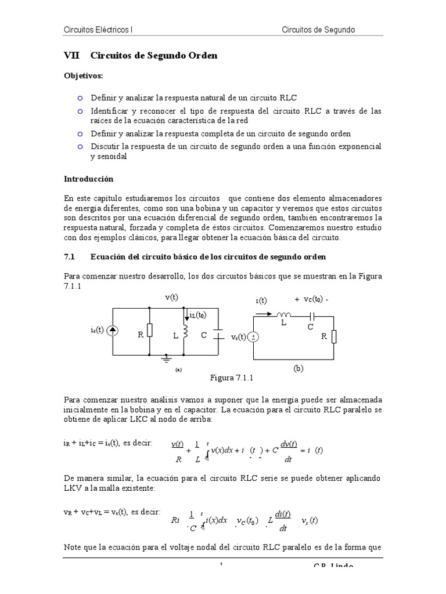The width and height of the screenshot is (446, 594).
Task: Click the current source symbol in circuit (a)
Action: click(113, 331)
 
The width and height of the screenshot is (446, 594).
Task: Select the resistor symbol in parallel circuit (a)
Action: click(149, 330)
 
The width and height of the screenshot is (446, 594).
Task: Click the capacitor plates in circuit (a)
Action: click(218, 335)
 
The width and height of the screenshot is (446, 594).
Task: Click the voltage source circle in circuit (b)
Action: click(253, 337)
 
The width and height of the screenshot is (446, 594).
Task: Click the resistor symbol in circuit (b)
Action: click(334, 336)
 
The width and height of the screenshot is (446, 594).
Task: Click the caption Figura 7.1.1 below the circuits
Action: click(232, 378)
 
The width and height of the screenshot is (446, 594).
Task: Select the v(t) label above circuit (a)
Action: click(171, 297)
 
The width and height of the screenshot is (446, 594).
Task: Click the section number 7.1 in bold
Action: click(69, 256)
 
